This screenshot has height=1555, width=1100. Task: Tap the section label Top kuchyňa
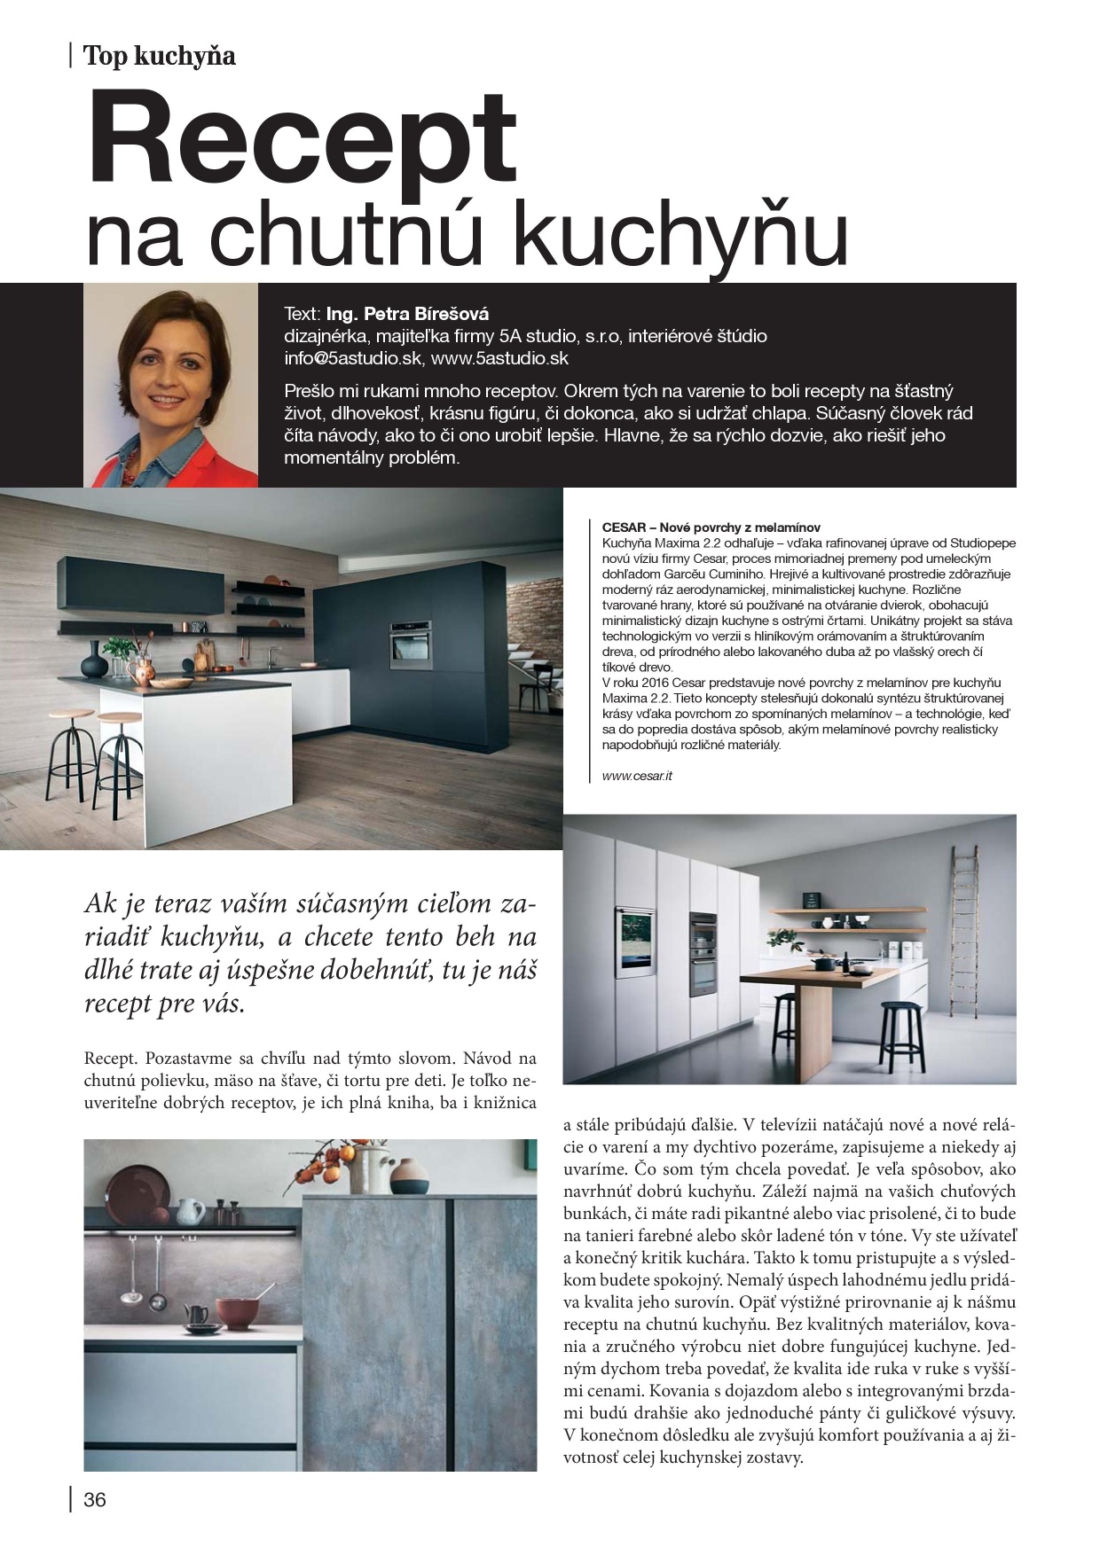pyautogui.click(x=159, y=56)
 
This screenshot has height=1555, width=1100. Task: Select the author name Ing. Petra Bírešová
pyautogui.click(x=407, y=314)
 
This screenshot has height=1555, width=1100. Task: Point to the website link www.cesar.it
pyautogui.click(x=637, y=776)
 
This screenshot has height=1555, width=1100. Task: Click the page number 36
pyautogui.click(x=94, y=1500)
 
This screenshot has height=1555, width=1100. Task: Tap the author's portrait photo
pyautogui.click(x=170, y=386)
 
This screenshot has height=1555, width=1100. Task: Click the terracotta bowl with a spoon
pyautogui.click(x=236, y=1311)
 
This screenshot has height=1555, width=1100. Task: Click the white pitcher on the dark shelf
pyautogui.click(x=190, y=1209)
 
